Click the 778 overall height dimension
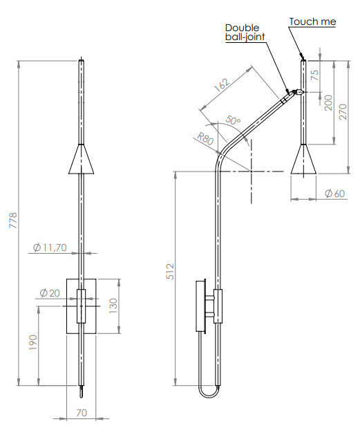tap(13, 221)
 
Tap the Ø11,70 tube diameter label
tap(50, 248)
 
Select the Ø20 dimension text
tap(50, 293)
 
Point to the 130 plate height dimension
tap(113, 306)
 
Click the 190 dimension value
tap(33, 342)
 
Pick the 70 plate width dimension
tap(82, 413)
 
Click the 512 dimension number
tap(170, 271)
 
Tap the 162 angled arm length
tap(222, 84)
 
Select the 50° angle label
tap(233, 120)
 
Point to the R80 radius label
tap(205, 138)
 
